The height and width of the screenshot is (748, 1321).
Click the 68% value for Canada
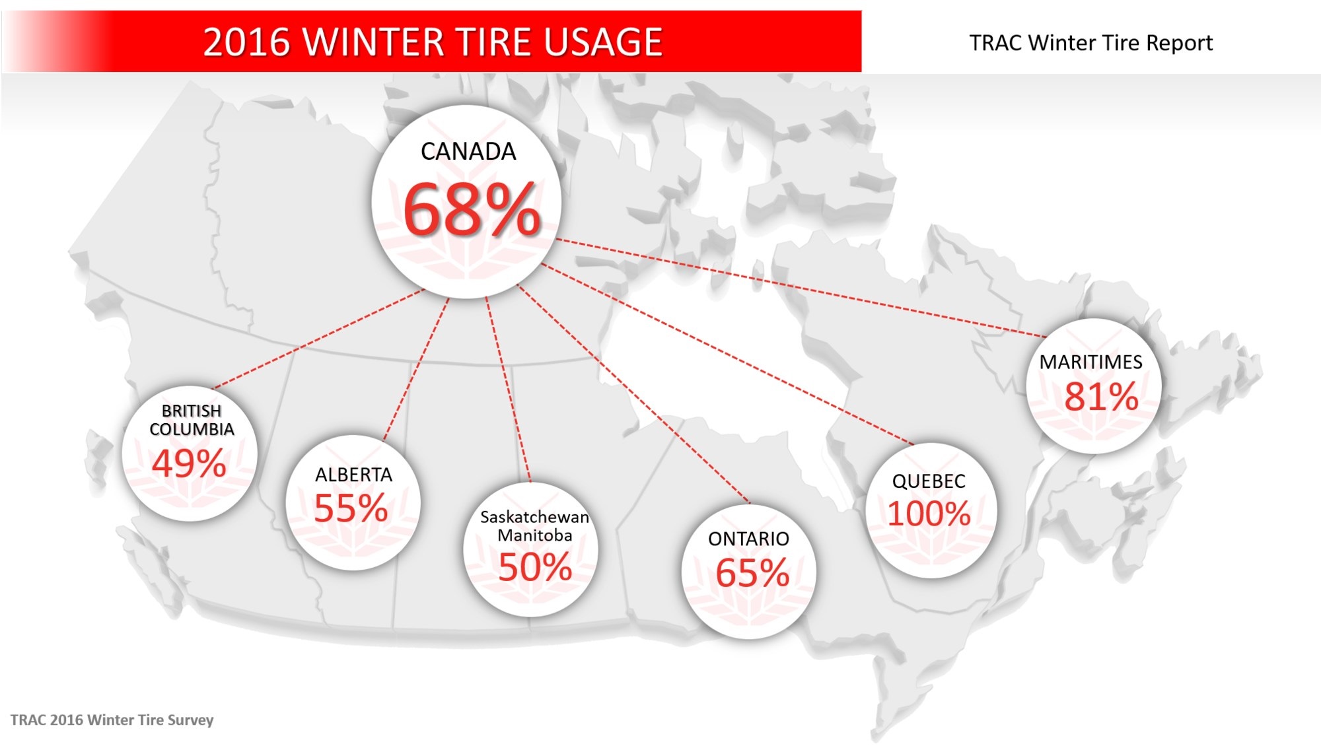point(472,209)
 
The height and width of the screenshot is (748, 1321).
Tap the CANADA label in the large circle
point(468,152)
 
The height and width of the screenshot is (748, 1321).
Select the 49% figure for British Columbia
point(190,463)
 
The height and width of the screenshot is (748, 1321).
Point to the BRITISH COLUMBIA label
point(192,420)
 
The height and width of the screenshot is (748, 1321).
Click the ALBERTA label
point(353,475)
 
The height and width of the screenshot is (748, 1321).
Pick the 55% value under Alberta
point(351,508)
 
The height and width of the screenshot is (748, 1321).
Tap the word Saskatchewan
point(534,517)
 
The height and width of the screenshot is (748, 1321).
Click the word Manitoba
point(534,535)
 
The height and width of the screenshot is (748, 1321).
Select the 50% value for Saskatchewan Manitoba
point(535,567)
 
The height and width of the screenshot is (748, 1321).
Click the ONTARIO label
point(748,539)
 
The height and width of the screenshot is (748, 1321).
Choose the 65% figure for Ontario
point(752,572)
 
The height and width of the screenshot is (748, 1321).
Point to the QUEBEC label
point(929,481)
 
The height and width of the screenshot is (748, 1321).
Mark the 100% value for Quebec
point(929,514)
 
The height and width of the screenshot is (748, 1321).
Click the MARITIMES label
point(1090,362)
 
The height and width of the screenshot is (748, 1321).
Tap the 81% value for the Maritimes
point(1101,397)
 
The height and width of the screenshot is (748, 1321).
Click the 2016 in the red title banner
point(246,42)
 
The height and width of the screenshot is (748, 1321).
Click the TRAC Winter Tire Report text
point(1090,43)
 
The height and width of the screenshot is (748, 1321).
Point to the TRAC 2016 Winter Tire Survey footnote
point(112,720)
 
